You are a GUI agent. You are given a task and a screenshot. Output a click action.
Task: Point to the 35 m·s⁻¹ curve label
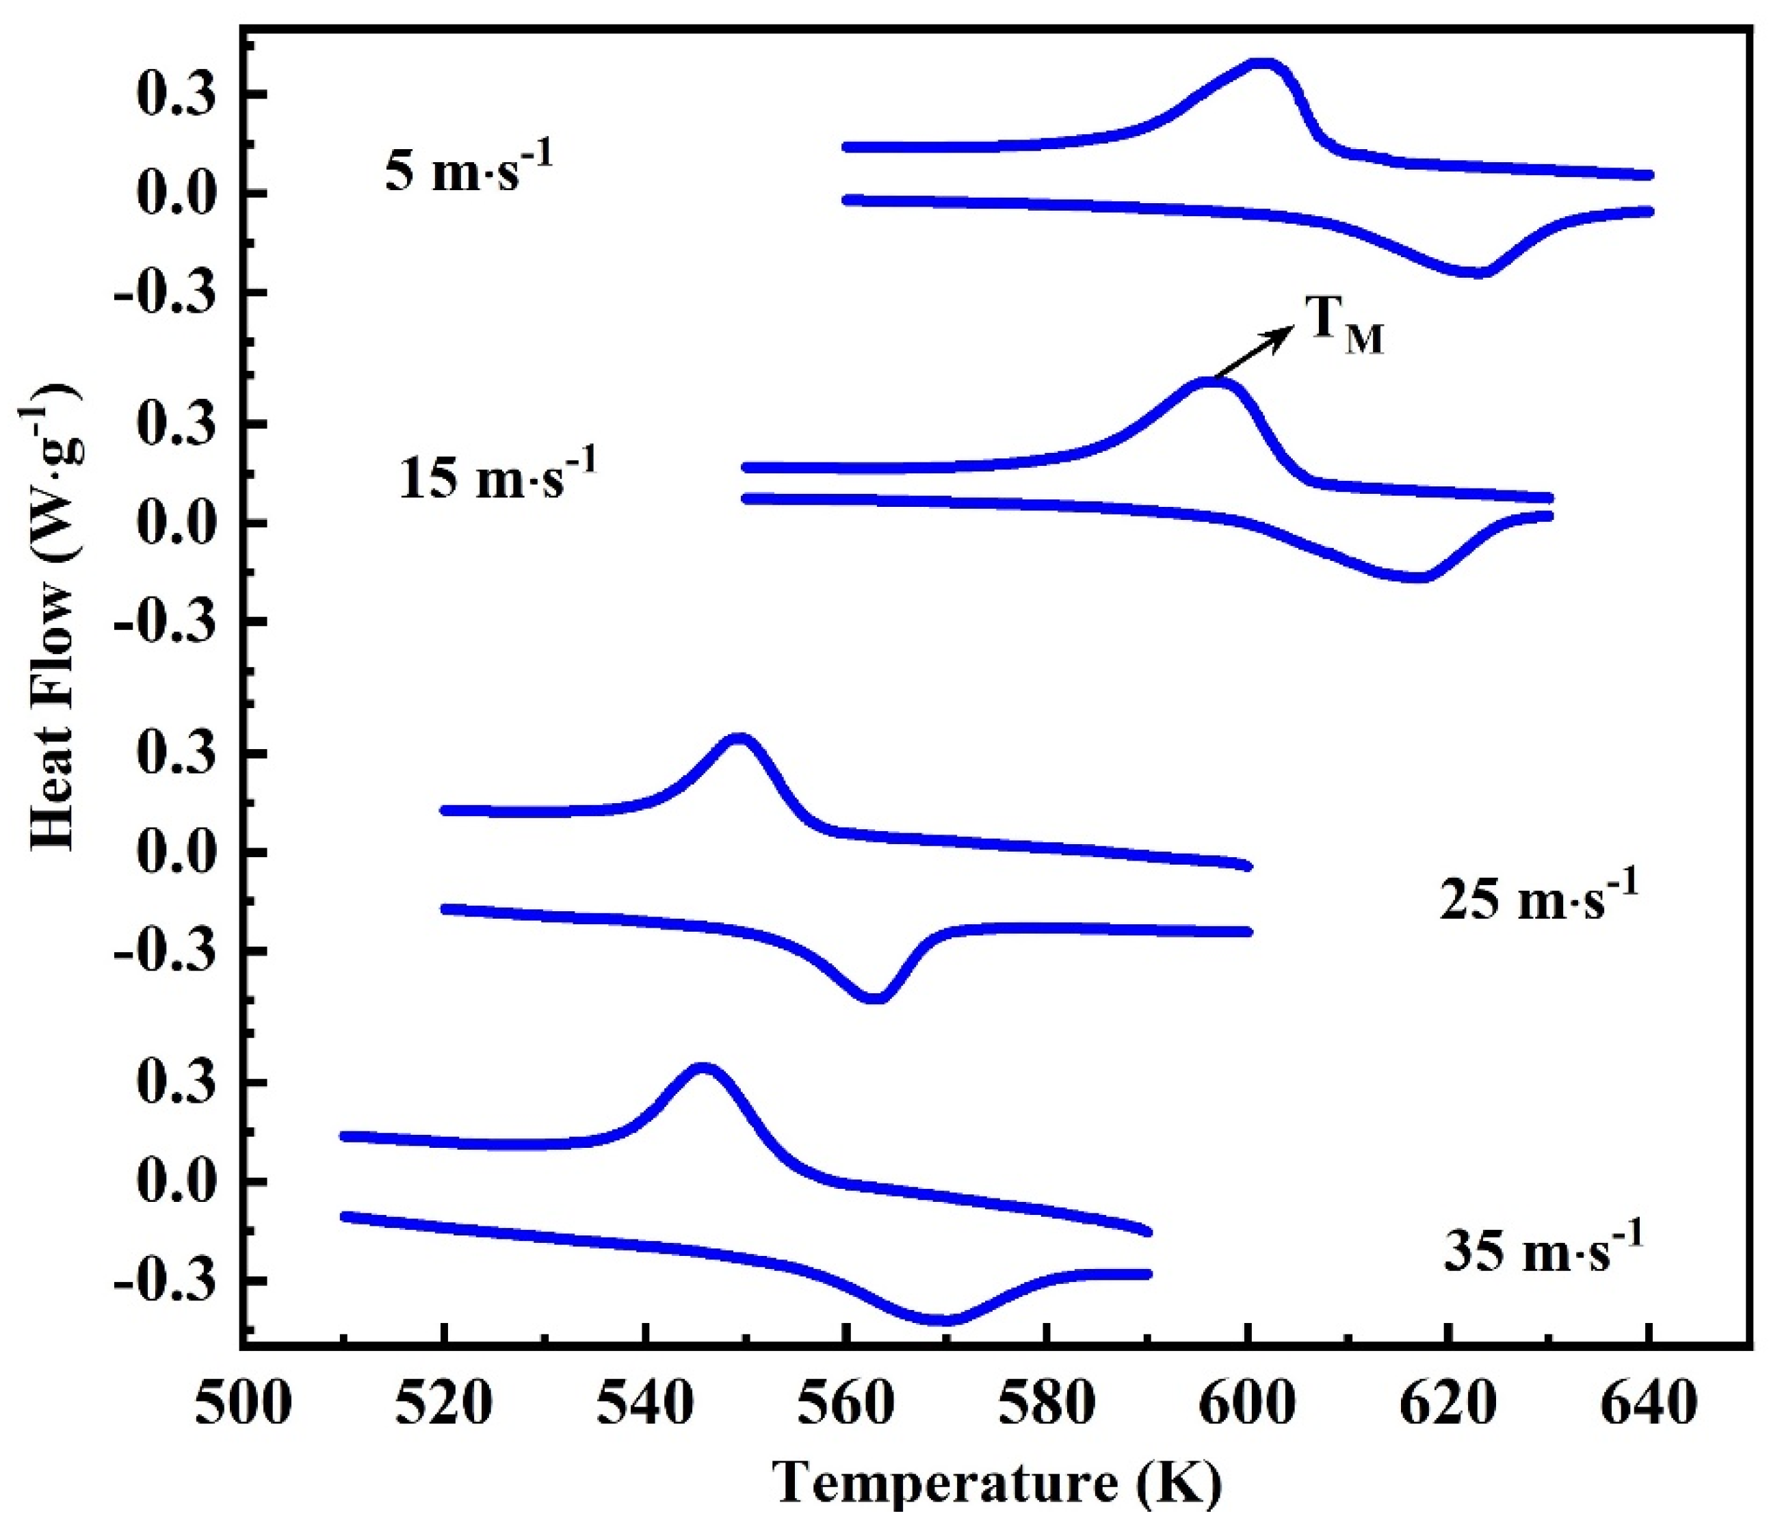(x=1542, y=1252)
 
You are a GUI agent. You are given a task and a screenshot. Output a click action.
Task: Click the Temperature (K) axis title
(x=997, y=1483)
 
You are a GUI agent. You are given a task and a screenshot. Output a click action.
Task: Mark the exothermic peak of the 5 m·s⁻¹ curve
(x=1263, y=64)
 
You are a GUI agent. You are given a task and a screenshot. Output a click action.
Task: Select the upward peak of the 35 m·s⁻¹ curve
(x=703, y=1069)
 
